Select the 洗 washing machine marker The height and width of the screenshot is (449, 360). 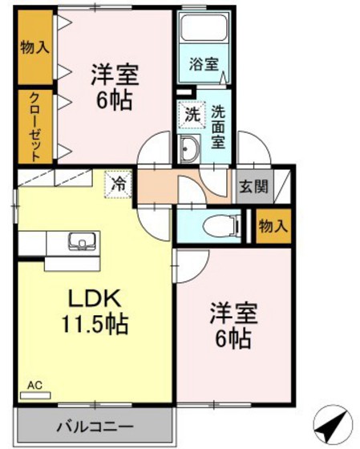pyautogui.click(x=191, y=115)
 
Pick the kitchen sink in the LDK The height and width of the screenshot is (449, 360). pyautogui.click(x=80, y=242)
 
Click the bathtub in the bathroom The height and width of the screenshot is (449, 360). pyautogui.click(x=203, y=29)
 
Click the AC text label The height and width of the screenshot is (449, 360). pyautogui.click(x=34, y=386)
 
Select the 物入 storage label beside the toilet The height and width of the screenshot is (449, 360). pyautogui.click(x=273, y=225)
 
